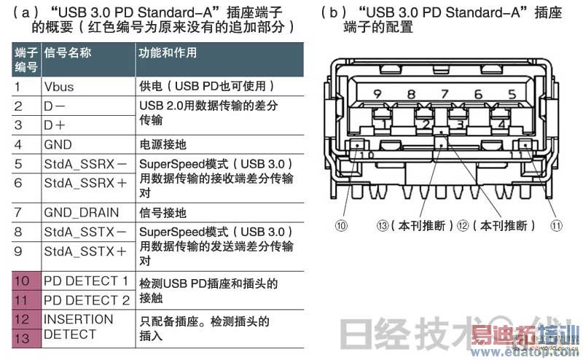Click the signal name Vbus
(59, 86)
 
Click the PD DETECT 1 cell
(86, 281)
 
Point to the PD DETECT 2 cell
(86, 300)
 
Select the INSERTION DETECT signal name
(79, 326)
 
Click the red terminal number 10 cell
(22, 281)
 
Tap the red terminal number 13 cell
(22, 338)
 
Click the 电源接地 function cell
(163, 144)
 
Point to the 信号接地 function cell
(163, 213)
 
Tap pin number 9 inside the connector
(377, 94)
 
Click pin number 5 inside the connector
(512, 94)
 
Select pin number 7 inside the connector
(445, 94)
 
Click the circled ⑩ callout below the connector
(341, 226)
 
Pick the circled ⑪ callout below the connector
(557, 226)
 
